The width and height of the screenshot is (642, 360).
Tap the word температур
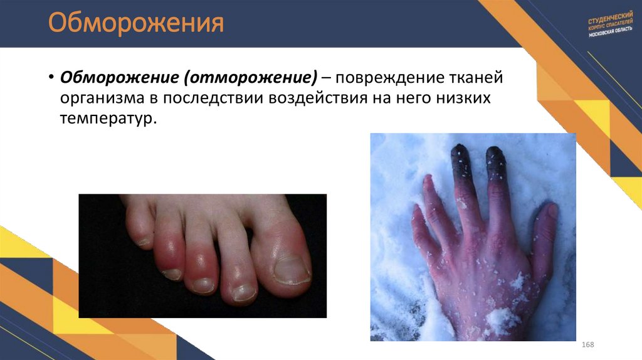coord(107,119)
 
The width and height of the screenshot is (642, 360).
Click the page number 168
coord(587,346)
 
